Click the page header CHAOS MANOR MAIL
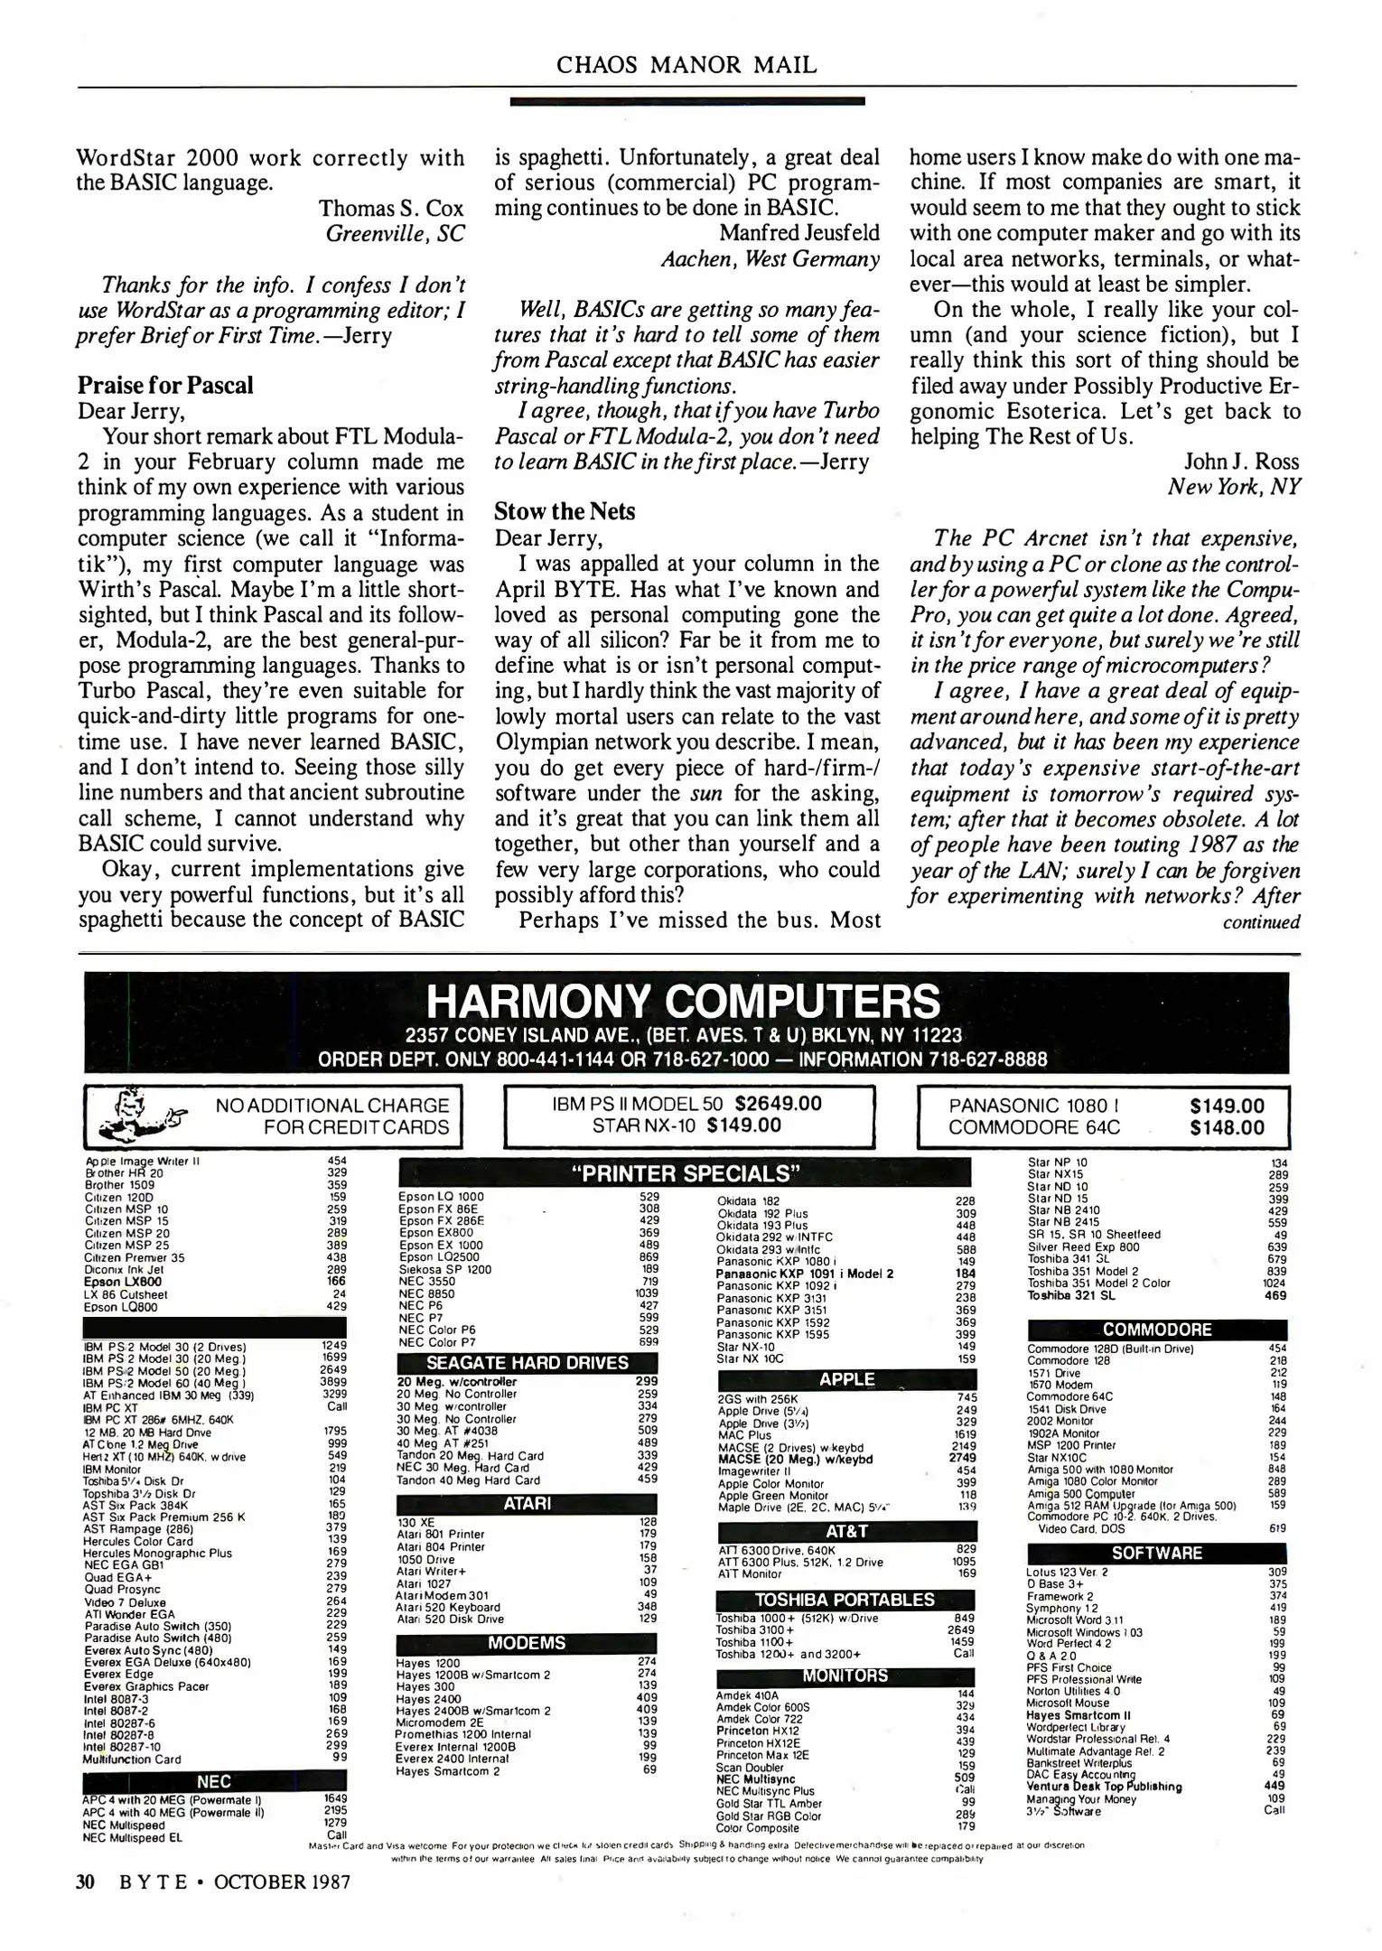point(686,65)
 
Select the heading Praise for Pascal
point(165,386)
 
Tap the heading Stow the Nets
point(565,512)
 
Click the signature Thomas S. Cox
point(391,209)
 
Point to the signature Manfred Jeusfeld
point(798,233)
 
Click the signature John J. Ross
point(1242,462)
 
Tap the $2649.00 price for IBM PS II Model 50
point(779,1104)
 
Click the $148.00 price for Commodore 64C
point(1227,1128)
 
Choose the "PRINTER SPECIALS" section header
point(685,1174)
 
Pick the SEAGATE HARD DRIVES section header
point(527,1363)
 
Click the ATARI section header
point(527,1504)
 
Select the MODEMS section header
point(527,1643)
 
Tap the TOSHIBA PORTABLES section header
point(845,1600)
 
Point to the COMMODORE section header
point(1156,1330)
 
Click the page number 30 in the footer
point(86,1882)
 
